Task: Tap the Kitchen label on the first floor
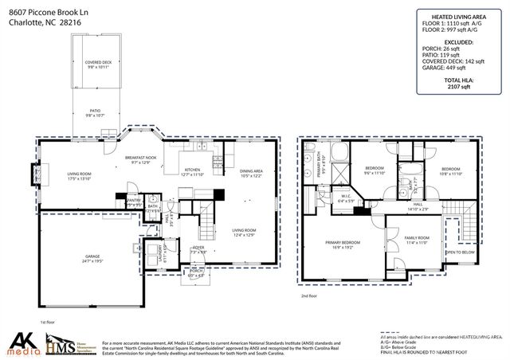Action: tap(194, 171)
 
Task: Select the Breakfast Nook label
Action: tap(140, 160)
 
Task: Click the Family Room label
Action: tap(416, 241)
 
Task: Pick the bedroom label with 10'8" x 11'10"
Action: tap(452, 171)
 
